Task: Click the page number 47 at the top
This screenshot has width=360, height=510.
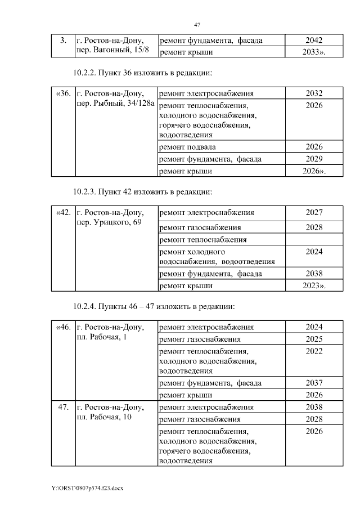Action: pos(197,25)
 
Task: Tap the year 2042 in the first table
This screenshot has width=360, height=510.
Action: pos(314,41)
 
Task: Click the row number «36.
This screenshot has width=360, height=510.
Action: pos(64,93)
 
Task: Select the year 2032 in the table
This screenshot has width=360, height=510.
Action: pos(314,93)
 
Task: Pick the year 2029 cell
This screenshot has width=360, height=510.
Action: pos(314,159)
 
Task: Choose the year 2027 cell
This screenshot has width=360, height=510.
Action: pos(314,212)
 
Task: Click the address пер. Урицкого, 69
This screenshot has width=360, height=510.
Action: pos(109,223)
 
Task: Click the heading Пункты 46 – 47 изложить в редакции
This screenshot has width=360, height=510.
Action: pos(163,307)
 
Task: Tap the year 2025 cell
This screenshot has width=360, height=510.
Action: pos(314,339)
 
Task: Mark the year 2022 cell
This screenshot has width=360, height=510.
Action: pos(314,351)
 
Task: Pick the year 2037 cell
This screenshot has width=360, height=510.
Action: pos(314,383)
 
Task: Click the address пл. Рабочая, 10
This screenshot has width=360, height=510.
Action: pos(104,418)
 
